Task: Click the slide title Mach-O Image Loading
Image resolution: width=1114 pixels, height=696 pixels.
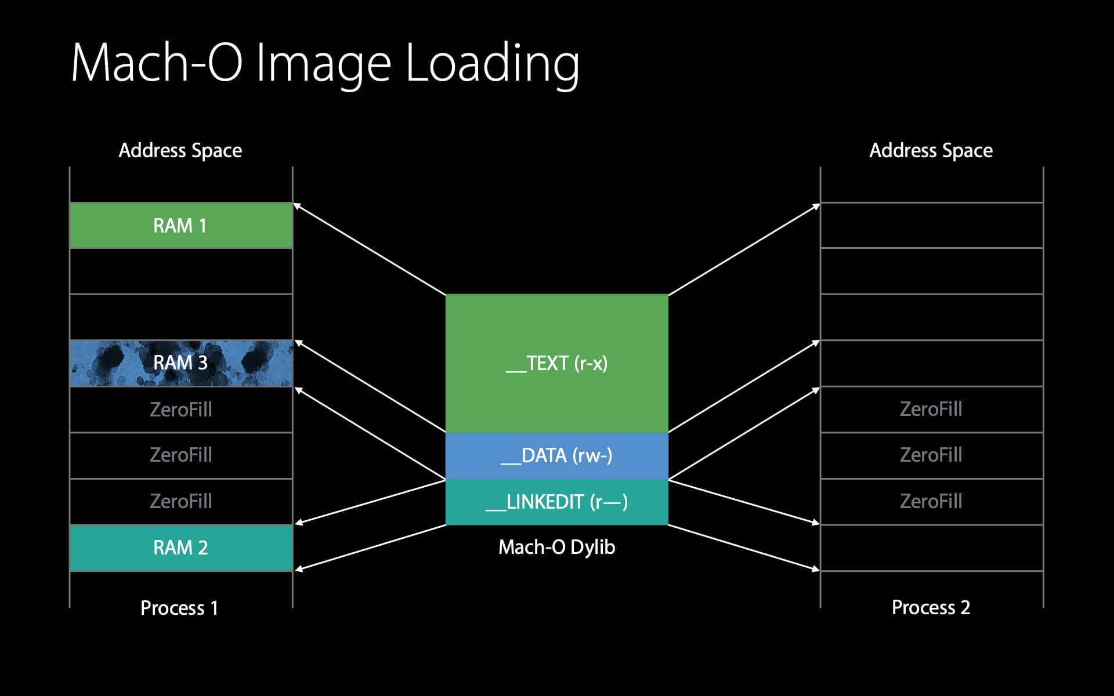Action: coord(325,63)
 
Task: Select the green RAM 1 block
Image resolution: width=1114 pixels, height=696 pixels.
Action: coord(180,226)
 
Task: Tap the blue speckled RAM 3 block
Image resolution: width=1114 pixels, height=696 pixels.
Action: coord(180,363)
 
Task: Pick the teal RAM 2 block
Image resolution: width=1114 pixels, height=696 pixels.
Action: coord(180,548)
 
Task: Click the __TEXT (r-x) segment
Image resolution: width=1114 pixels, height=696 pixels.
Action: coord(556,364)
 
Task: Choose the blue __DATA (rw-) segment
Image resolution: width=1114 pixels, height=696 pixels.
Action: coord(556,456)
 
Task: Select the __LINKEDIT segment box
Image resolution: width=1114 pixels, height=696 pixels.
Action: coord(556,502)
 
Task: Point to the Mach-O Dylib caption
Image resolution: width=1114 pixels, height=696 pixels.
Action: coord(556,547)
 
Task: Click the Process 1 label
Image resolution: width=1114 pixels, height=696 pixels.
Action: coord(179,608)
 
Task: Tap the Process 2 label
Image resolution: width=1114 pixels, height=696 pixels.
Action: coord(931,607)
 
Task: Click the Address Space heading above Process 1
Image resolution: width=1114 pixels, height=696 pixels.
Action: coord(180,150)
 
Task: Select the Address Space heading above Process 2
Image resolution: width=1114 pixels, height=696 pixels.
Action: coord(931,150)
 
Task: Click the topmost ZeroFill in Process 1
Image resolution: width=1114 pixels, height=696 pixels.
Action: coord(180,409)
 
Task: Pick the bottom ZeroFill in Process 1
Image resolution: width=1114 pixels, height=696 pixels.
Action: coord(180,501)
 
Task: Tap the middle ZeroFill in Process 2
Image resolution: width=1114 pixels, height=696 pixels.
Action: coord(931,455)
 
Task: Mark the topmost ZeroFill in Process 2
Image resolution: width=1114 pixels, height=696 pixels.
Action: coord(931,409)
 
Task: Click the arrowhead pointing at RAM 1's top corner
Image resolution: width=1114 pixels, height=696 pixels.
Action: coord(297,205)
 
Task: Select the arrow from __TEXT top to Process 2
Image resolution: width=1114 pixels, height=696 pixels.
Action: coord(744,249)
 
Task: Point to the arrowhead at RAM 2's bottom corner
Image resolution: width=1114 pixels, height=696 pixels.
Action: coord(298,569)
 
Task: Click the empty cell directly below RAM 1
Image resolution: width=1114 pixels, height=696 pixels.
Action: coord(180,271)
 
